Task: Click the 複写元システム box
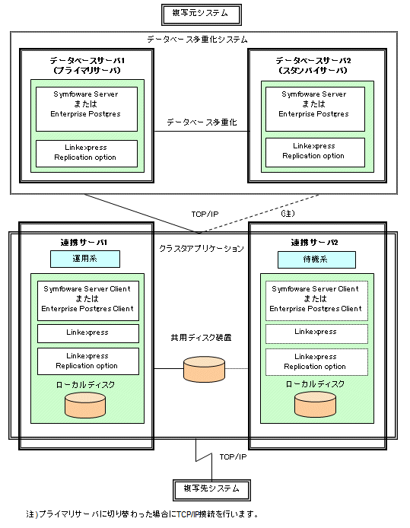202,14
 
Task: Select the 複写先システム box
211,490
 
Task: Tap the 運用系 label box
85,259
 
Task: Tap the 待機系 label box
316,259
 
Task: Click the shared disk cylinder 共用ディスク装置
204,369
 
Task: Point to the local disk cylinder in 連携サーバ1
85,405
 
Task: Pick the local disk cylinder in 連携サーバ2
315,405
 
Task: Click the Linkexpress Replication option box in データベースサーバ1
87,154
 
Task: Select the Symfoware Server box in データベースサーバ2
315,109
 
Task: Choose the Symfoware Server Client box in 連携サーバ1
88,301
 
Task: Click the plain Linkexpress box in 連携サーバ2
316,334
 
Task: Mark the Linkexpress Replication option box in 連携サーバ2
316,362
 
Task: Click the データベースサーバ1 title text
87,61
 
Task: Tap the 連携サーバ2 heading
314,243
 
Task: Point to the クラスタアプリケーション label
202,249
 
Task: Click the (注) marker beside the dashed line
288,213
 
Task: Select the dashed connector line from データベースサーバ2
259,214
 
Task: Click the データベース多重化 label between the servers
202,122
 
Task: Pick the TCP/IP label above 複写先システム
233,456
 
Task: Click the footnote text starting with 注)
142,514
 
